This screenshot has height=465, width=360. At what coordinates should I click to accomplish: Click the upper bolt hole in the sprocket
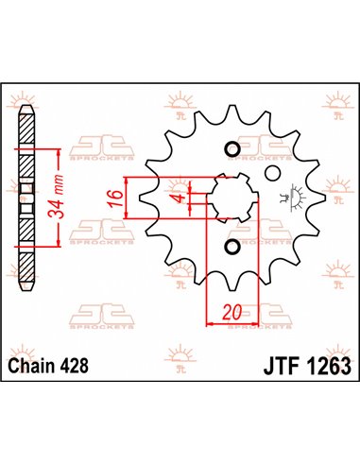(x=232, y=148)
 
